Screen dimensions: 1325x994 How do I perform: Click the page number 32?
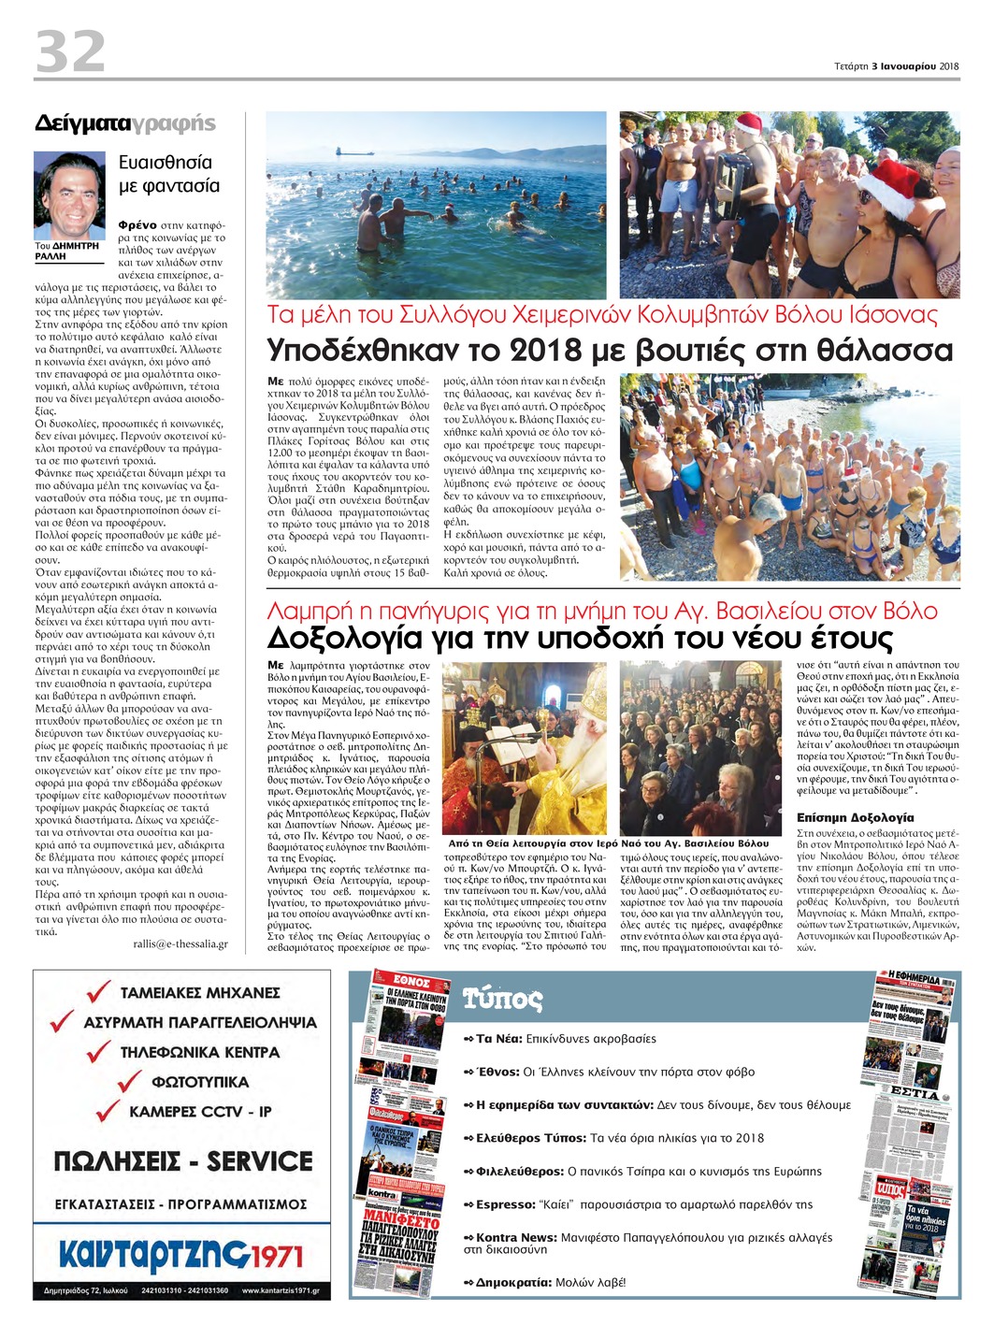point(70,51)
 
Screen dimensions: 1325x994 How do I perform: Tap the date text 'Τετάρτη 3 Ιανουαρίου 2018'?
point(896,66)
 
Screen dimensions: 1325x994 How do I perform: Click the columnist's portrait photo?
point(70,194)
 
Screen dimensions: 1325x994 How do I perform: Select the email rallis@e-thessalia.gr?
point(180,943)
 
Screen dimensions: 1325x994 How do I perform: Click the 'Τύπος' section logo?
point(503,999)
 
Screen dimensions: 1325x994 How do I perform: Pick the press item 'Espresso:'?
point(506,1204)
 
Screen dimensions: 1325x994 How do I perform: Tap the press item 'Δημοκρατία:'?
point(513,1283)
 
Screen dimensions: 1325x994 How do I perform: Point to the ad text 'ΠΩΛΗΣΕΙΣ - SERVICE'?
point(183,1161)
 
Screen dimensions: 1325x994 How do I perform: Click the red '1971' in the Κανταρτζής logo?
point(278,1256)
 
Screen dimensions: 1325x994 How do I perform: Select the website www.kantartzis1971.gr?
point(280,1291)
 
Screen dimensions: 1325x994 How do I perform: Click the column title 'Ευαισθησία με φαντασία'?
point(169,174)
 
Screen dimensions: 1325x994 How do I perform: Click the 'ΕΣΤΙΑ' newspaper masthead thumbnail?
point(914,1093)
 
